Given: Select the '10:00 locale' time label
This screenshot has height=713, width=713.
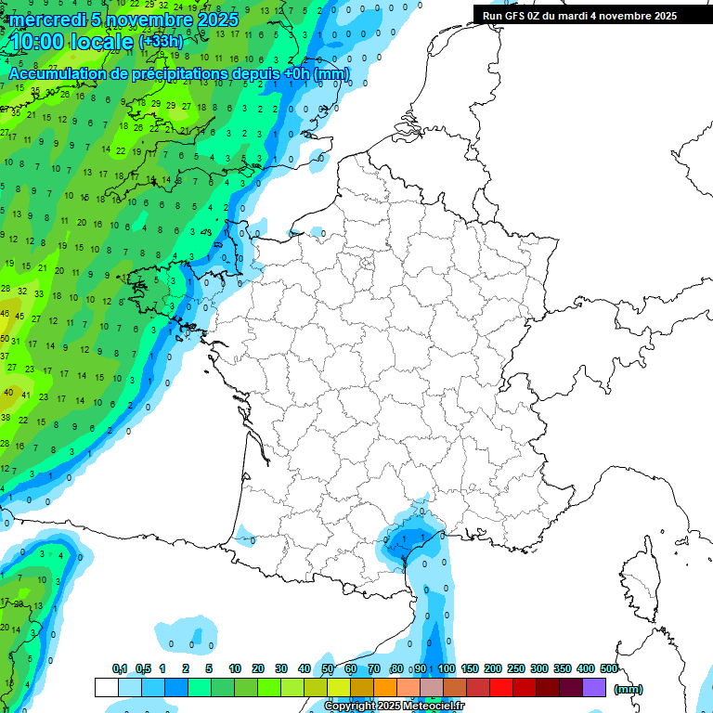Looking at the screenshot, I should pyautogui.click(x=72, y=42).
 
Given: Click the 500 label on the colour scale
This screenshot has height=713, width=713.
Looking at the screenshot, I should pyautogui.click(x=609, y=668).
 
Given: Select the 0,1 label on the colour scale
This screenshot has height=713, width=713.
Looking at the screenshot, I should pyautogui.click(x=120, y=668).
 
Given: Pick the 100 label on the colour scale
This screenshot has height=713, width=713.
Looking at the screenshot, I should pyautogui.click(x=447, y=668).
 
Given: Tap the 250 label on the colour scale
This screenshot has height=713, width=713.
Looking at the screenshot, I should pyautogui.click(x=516, y=668).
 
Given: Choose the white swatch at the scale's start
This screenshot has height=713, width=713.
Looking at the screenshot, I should pyautogui.click(x=106, y=688).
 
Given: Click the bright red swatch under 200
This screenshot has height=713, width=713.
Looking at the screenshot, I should pyautogui.click(x=500, y=688).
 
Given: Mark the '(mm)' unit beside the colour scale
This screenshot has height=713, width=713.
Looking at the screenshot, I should pyautogui.click(x=628, y=689).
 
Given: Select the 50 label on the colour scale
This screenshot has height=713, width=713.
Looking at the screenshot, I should pyautogui.click(x=328, y=668).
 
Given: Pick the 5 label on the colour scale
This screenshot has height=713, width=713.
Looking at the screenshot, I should pyautogui.click(x=210, y=668).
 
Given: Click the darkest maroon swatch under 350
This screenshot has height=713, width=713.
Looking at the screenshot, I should pyautogui.click(x=570, y=688).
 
